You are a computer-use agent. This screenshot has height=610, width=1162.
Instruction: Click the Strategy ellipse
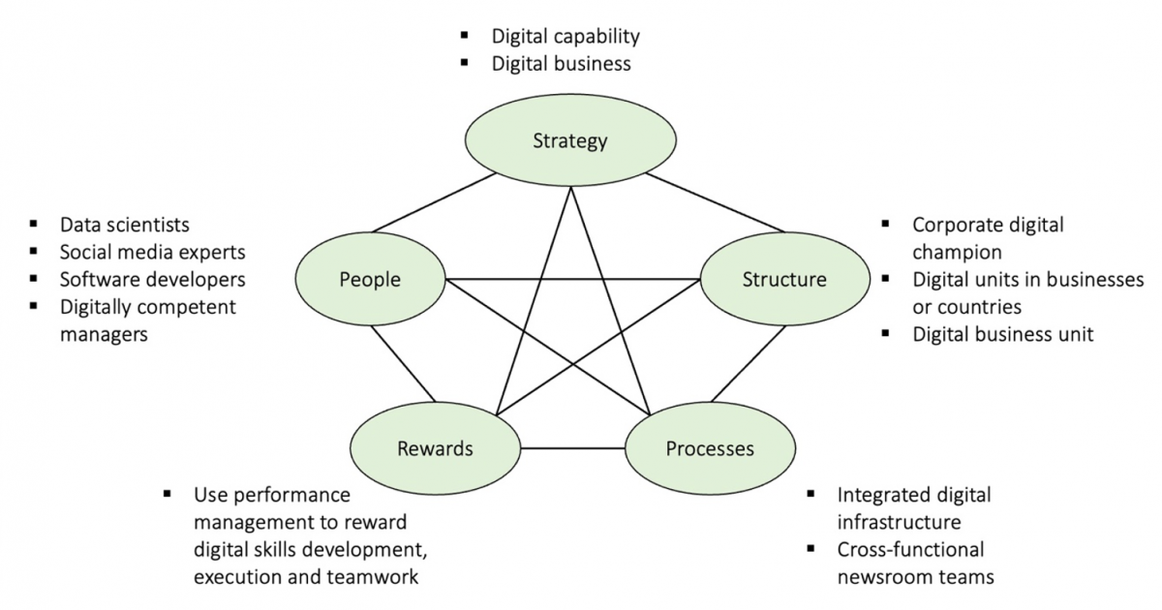click(x=569, y=141)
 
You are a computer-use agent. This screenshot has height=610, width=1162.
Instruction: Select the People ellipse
click(x=370, y=280)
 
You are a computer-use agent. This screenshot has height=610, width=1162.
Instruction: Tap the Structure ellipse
click(x=784, y=280)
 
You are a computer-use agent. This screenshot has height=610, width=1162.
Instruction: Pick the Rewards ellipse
click(x=435, y=448)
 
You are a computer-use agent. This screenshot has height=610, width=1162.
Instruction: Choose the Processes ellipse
click(x=710, y=448)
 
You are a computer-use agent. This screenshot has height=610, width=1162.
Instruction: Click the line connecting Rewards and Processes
click(x=573, y=448)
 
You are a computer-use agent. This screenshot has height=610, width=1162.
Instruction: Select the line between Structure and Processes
click(x=748, y=365)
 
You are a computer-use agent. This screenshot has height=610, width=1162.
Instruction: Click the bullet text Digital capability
click(x=566, y=37)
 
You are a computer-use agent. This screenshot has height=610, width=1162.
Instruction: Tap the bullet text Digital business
click(x=561, y=64)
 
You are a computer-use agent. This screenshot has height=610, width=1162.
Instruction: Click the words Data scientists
click(x=124, y=225)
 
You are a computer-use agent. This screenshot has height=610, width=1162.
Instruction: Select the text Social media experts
click(x=152, y=252)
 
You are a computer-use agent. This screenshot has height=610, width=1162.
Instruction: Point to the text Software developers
click(x=152, y=279)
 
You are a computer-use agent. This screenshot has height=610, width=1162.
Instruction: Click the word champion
click(x=957, y=253)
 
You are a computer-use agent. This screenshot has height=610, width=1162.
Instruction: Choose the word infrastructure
click(x=899, y=522)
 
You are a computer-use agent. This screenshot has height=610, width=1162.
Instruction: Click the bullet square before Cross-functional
click(x=812, y=549)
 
